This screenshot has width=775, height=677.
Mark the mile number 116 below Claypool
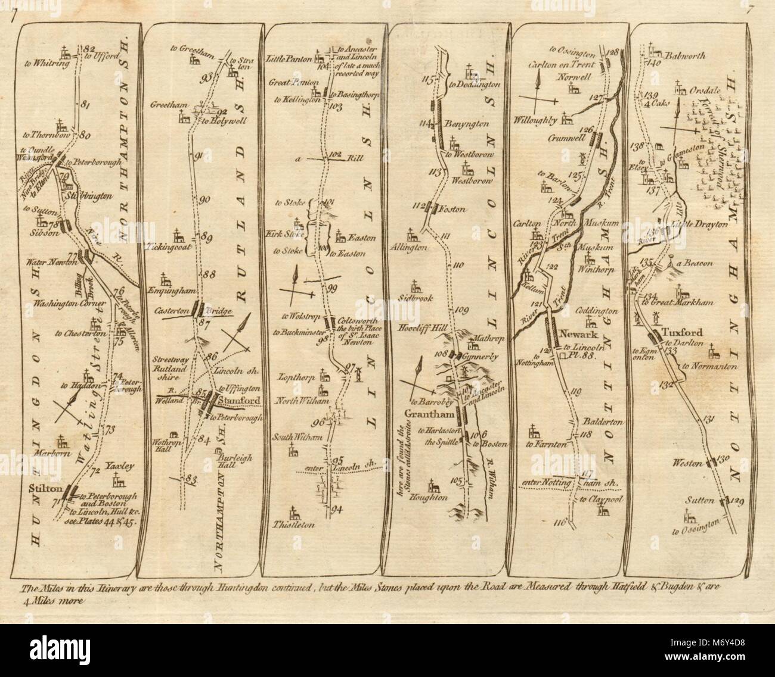click(559, 523)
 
